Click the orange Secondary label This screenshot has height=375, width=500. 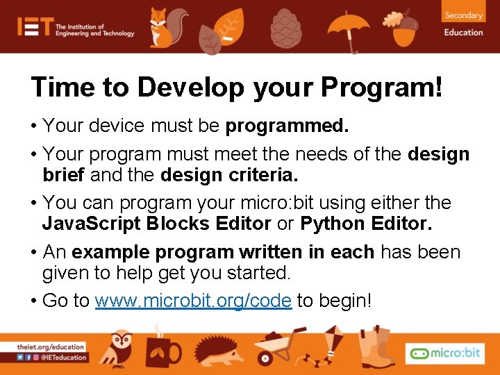(463, 15)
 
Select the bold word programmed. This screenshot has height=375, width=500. (287, 126)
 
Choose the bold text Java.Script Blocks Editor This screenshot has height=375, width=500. (156, 224)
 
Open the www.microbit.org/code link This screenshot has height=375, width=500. (193, 301)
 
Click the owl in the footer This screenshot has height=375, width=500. (121, 348)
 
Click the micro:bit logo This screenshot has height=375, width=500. (444, 353)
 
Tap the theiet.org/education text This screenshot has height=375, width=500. (51, 347)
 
